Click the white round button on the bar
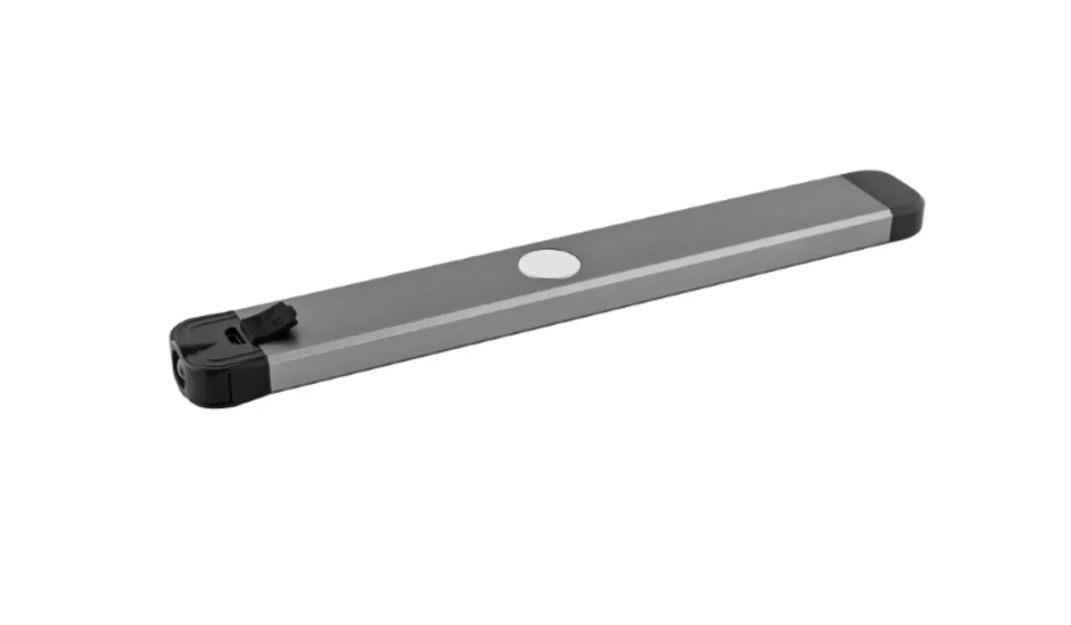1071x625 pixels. pyautogui.click(x=549, y=263)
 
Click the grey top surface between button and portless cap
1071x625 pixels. pyautogui.click(x=714, y=223)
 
